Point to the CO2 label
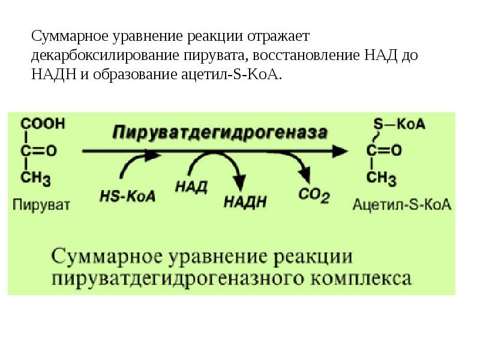pos(313,195)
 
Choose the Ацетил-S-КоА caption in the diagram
pos(401,205)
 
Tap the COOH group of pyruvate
pos(43,124)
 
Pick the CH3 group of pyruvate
pos(36,178)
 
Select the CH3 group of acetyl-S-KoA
pos(381,178)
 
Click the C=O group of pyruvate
pos(39,151)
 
